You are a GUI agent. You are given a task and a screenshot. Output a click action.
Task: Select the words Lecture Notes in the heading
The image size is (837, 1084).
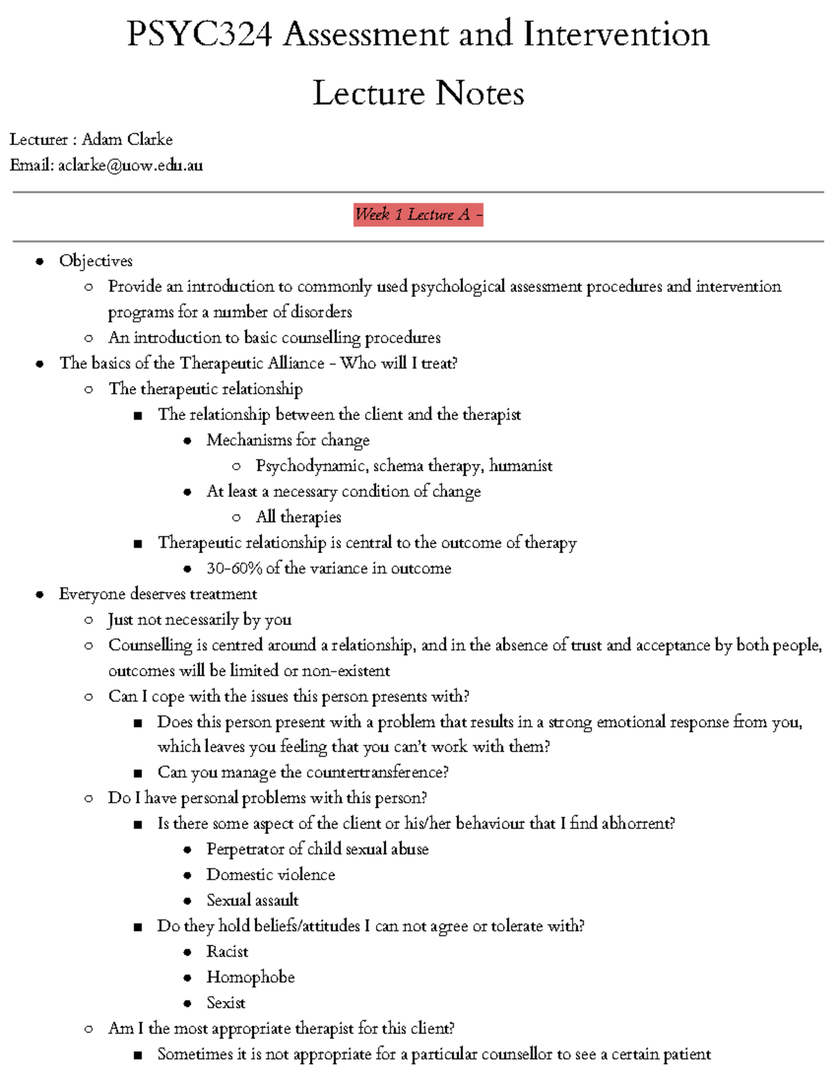[418, 94]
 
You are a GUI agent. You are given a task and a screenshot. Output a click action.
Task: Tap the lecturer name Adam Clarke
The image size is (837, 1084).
[127, 140]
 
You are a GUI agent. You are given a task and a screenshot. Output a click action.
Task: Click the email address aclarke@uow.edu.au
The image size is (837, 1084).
[130, 165]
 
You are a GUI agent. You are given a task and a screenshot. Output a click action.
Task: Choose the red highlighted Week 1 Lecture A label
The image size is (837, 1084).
[418, 214]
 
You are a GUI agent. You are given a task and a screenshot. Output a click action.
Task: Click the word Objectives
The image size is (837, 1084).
[96, 261]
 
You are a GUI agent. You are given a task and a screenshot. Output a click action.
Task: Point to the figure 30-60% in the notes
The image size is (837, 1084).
[234, 569]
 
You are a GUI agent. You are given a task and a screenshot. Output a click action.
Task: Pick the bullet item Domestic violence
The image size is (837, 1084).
[271, 875]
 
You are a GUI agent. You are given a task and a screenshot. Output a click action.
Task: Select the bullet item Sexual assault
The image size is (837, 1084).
[252, 900]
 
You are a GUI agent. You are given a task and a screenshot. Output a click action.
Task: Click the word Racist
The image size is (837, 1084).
[227, 952]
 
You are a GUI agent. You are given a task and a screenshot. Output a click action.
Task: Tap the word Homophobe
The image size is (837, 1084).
[250, 977]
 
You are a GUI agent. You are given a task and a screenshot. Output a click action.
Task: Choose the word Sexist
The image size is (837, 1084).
[226, 1003]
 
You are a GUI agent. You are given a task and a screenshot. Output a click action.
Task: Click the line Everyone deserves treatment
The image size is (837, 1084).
[158, 594]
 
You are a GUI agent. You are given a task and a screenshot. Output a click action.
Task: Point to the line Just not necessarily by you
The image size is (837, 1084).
[199, 620]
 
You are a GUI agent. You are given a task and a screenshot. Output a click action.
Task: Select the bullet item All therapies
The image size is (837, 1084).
[299, 517]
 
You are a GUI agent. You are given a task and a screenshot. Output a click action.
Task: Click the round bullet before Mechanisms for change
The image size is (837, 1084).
[187, 441]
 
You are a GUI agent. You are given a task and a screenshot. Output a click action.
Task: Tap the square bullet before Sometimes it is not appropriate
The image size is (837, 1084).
[138, 1055]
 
